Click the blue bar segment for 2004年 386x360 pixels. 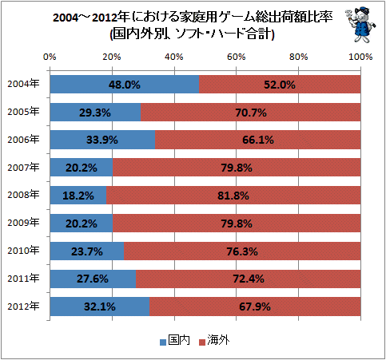tap(125, 84)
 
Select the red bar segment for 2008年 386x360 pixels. tap(233, 196)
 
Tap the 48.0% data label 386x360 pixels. tap(125, 85)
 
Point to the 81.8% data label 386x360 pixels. tap(233, 196)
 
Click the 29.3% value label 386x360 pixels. tap(95, 113)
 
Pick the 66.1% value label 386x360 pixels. tap(258, 140)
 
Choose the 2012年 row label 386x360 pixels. tap(23, 307)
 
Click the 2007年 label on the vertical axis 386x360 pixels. tap(23, 168)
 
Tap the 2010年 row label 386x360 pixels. tap(23, 251)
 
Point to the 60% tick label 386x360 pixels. tap(237, 57)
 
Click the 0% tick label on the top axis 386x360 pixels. tap(50, 57)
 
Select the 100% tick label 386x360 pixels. tap(360, 57)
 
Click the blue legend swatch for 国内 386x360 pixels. tap(163, 342)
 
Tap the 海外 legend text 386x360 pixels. tap(218, 340)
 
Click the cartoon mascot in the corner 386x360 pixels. tap(360, 25)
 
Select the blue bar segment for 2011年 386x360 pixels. tap(93, 279)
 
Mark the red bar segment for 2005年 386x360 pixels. tap(251, 112)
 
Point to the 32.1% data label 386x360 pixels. tap(100, 307)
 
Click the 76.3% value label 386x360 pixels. tap(242, 251)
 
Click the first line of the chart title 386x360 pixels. tap(193, 18)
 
